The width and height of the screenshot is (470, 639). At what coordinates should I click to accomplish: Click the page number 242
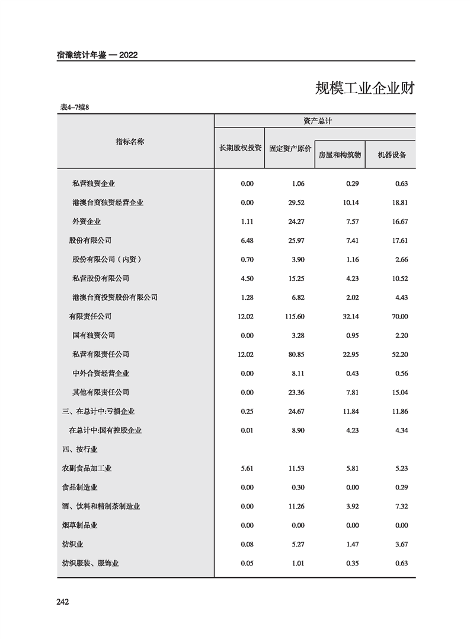coord(63,602)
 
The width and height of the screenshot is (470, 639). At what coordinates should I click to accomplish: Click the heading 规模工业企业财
coord(364,89)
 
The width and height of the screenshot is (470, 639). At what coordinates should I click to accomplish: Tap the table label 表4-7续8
coord(74,107)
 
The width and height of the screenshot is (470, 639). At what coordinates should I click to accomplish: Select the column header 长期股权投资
coord(240,148)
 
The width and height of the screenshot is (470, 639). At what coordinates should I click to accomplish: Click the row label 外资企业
coord(87,221)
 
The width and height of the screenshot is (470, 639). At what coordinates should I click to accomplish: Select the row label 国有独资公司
coord(94,335)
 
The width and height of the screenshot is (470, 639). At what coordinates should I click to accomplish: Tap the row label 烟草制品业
coord(79,525)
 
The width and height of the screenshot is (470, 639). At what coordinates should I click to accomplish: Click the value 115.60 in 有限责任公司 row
coord(295,316)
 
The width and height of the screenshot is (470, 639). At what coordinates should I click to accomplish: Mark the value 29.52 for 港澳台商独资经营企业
coord(297,202)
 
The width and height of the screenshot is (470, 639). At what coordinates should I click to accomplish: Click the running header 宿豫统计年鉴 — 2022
coord(94,55)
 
